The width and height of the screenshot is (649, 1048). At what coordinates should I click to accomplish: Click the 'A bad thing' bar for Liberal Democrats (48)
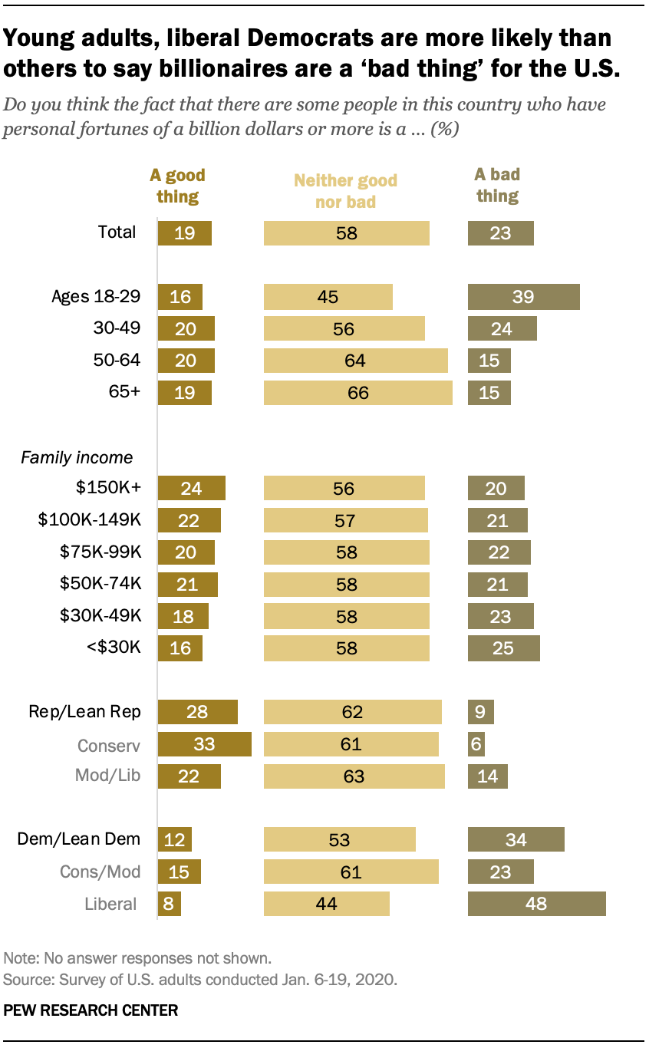tap(536, 903)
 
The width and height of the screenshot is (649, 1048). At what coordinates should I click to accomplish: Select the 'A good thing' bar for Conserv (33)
tap(205, 744)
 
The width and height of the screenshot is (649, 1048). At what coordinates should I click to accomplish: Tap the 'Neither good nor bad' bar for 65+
tap(357, 393)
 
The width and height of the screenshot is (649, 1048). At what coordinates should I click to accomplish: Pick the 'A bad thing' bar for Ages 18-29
tap(523, 297)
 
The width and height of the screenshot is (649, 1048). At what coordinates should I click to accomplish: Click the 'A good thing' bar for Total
tap(184, 232)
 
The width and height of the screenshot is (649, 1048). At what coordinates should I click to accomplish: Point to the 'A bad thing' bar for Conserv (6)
tap(476, 744)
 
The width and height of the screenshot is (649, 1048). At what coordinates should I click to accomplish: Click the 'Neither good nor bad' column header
tap(346, 191)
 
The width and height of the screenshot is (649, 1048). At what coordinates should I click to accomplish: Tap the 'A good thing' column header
tap(178, 186)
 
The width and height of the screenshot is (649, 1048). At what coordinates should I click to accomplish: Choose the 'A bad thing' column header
tap(497, 186)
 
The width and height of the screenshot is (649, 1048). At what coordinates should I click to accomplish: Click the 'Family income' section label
tap(77, 457)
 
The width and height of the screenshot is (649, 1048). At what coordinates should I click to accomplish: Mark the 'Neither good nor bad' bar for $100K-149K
tap(345, 521)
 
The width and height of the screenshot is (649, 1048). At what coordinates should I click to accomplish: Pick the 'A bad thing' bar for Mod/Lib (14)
tap(487, 776)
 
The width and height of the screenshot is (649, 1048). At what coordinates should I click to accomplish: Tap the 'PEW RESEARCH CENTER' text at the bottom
tap(91, 1010)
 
